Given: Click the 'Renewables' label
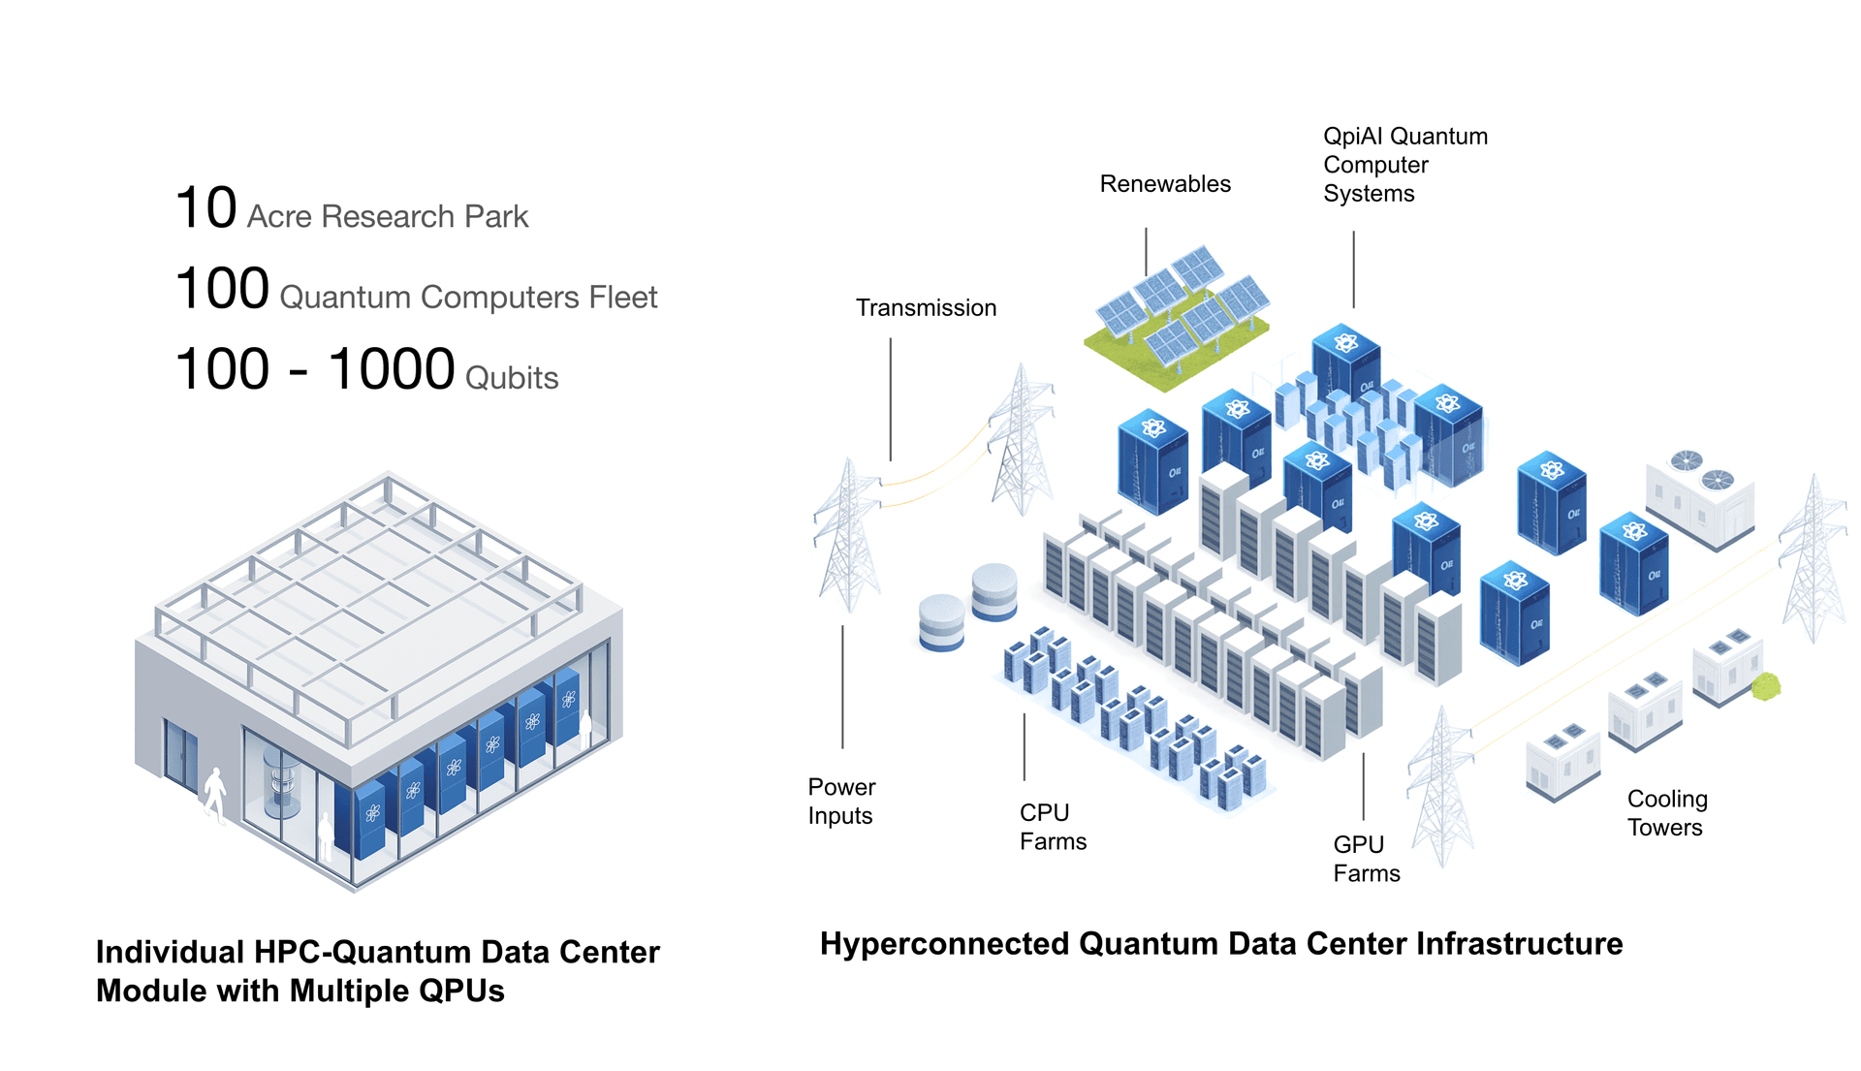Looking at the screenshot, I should [1164, 184].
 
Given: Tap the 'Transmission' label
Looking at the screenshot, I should [926, 308].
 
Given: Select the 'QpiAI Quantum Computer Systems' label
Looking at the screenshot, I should [1404, 165].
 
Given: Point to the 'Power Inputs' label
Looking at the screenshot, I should [840, 802].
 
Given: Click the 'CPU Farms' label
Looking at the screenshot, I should [1052, 827].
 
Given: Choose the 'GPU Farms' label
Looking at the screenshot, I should [1366, 859].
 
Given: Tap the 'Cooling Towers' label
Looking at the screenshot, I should [1666, 813].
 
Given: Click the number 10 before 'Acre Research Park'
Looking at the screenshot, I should [205, 208].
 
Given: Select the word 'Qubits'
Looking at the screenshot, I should [512, 378].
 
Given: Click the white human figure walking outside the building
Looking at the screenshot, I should [215, 795].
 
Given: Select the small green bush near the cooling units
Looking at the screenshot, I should [1766, 687].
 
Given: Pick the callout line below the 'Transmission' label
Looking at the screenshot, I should [891, 397].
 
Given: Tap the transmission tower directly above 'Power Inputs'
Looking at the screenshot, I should [848, 538].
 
